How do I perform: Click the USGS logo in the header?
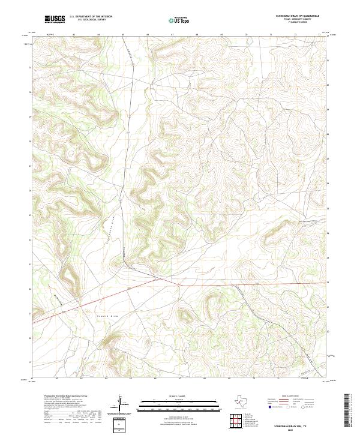point(55,19)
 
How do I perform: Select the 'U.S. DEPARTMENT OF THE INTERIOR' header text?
point(91,17)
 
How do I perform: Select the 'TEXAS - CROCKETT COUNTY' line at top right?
point(297,19)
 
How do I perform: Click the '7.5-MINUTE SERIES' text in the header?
point(297,23)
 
